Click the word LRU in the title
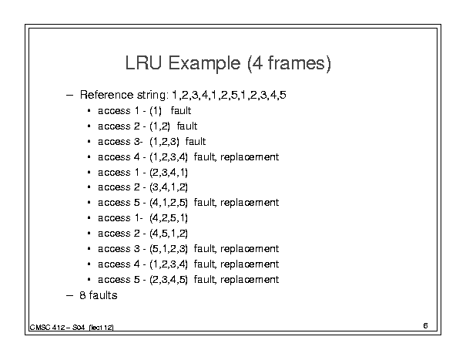(x=143, y=62)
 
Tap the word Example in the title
(x=204, y=64)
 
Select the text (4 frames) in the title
(x=289, y=63)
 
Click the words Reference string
(x=124, y=96)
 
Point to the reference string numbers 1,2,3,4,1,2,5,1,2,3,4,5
(x=229, y=96)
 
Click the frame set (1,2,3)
(x=164, y=142)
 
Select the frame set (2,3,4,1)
(x=169, y=173)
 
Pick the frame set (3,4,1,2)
(x=169, y=187)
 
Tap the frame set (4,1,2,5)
(x=169, y=203)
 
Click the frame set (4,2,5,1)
(x=169, y=218)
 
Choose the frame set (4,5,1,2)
(x=169, y=234)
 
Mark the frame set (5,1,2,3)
(x=169, y=249)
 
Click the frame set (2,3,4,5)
(x=169, y=280)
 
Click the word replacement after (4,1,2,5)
(x=250, y=203)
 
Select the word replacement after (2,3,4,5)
(x=250, y=280)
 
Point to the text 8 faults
(x=99, y=295)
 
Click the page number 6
(x=425, y=326)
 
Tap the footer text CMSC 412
(x=47, y=328)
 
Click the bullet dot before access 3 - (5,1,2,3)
(x=89, y=249)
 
